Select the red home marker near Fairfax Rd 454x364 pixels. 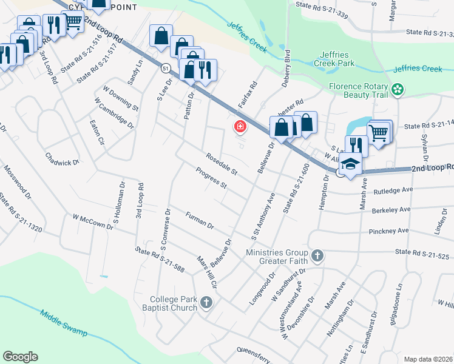click(240, 127)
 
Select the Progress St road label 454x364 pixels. click(211, 177)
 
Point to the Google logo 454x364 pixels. click(21, 357)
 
